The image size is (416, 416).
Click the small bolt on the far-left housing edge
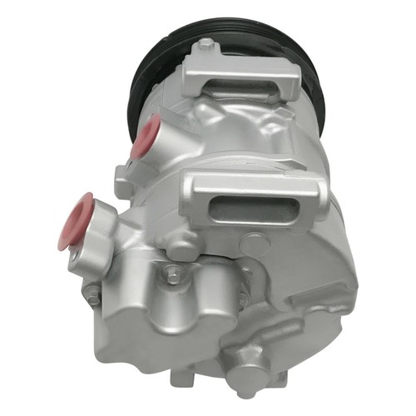pos(94,295)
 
